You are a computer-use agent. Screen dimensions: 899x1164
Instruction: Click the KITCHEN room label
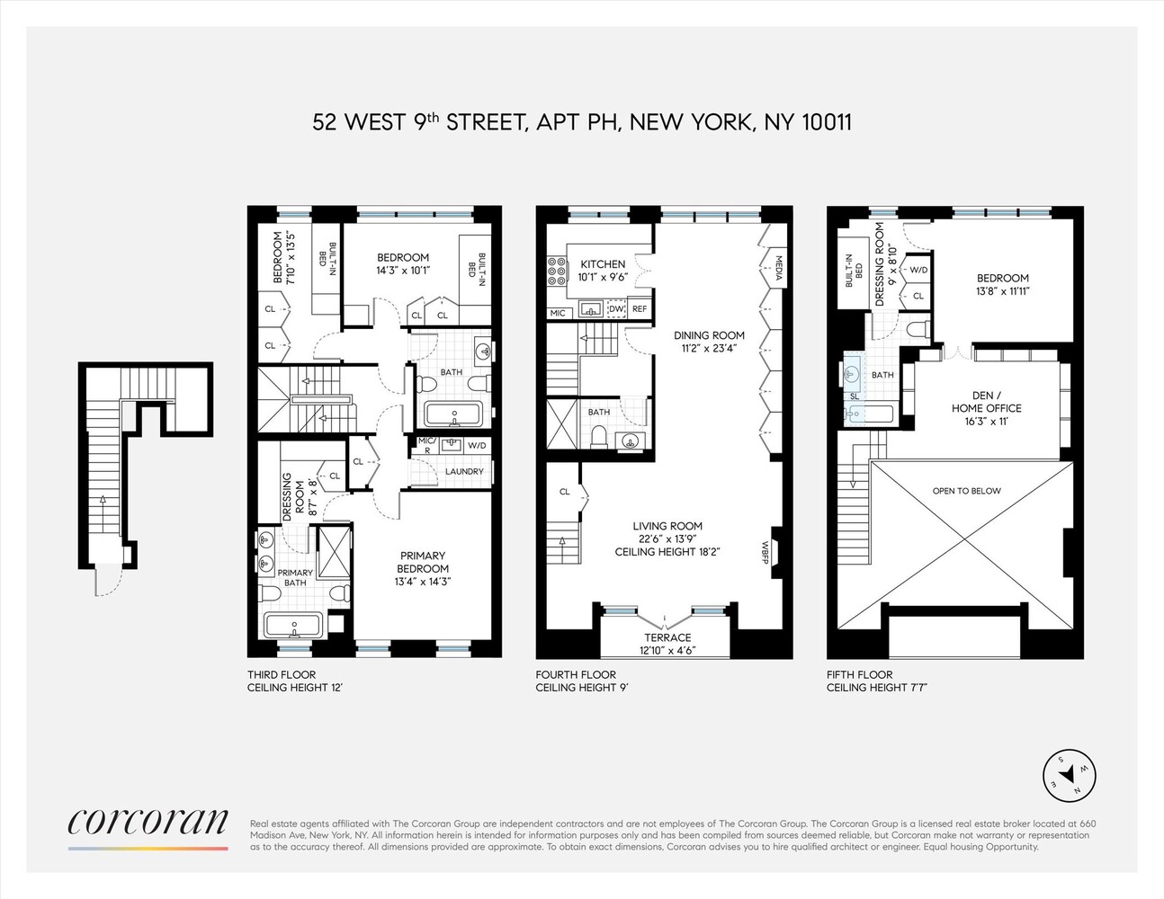click(603, 264)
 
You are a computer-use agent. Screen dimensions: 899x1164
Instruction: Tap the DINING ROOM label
click(710, 335)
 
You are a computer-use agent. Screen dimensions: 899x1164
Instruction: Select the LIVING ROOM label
click(667, 527)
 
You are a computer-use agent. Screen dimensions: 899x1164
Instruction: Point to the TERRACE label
click(667, 638)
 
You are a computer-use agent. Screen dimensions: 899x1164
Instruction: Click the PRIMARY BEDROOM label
click(423, 562)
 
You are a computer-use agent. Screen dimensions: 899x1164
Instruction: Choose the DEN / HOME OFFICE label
click(986, 402)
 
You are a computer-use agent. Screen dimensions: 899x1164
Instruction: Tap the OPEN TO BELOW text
click(967, 491)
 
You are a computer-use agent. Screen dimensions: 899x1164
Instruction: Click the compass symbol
click(1070, 775)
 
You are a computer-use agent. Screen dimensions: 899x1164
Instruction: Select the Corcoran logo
click(148, 822)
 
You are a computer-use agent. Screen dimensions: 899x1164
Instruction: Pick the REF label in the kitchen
click(640, 309)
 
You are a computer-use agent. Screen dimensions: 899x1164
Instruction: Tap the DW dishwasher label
click(616, 309)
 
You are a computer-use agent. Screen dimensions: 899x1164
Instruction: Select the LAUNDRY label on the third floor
click(464, 471)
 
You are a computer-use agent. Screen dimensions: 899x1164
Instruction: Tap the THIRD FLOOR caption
click(282, 674)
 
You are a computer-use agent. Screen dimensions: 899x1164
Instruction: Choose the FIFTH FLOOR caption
click(860, 674)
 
